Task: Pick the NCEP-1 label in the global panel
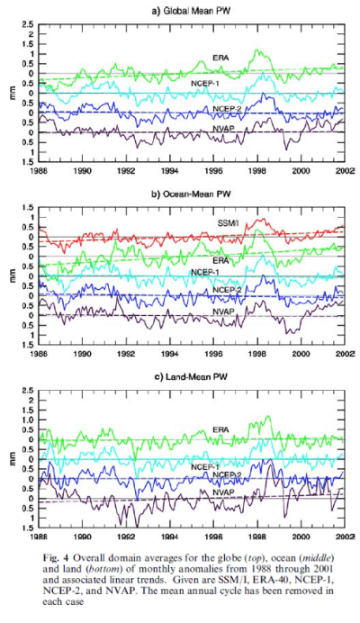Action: point(206,84)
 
